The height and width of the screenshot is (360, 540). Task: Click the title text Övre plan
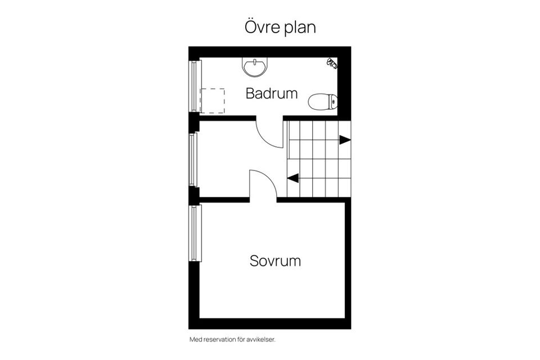point(280,26)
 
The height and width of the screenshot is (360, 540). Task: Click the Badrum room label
point(272,93)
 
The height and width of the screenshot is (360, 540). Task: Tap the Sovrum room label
point(275,261)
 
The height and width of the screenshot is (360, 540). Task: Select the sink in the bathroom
point(255,67)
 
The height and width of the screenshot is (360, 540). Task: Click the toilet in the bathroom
point(322,102)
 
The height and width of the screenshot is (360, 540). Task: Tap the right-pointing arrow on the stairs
point(344,140)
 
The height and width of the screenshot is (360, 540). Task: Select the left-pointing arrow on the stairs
point(292,179)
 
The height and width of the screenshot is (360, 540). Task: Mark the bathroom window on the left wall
point(195,85)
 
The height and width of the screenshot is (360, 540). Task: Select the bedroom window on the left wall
point(195,232)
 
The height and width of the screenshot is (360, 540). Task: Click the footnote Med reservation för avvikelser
point(232,340)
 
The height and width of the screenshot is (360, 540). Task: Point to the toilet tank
point(334,102)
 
